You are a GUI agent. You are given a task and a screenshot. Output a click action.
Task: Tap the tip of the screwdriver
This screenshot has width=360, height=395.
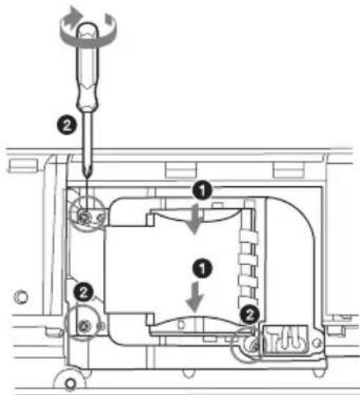coord(87,176)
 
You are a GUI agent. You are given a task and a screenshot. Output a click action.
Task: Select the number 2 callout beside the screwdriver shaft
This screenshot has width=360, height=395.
coord(67,125)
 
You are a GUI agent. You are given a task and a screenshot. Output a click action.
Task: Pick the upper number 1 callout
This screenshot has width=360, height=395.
coord(202,190)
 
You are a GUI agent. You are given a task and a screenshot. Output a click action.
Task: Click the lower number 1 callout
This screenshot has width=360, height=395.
coord(202,268)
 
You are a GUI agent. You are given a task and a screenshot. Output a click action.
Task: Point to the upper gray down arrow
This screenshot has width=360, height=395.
coord(195,219)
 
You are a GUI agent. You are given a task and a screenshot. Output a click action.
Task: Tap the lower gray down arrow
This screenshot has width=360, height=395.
coord(195,297)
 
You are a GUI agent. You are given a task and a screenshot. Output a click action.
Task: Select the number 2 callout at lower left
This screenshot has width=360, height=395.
coord(84,292)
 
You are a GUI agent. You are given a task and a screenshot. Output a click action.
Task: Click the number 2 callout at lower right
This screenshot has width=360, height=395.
coord(249,315)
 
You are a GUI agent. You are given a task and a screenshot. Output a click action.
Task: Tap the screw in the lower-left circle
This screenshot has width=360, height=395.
coord(84,326)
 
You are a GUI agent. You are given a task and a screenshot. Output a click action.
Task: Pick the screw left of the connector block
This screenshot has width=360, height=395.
coord(254,346)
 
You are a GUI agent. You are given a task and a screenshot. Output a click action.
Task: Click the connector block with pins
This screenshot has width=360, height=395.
coord(285,341)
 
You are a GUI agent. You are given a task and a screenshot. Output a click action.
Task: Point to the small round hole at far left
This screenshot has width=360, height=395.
coord(20,296)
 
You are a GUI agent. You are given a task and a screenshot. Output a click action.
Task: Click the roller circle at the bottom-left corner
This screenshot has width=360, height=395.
coord(70,382)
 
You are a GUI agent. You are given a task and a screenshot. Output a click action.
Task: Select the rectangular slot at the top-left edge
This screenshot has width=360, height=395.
coord(23,165)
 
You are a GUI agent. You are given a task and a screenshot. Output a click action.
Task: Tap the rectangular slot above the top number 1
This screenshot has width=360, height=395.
coord(181,170)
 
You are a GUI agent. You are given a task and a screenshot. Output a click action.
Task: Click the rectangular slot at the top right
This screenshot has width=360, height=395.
coord(288,170)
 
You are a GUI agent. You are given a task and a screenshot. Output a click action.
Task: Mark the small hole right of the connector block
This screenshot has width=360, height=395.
coord(317,342)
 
